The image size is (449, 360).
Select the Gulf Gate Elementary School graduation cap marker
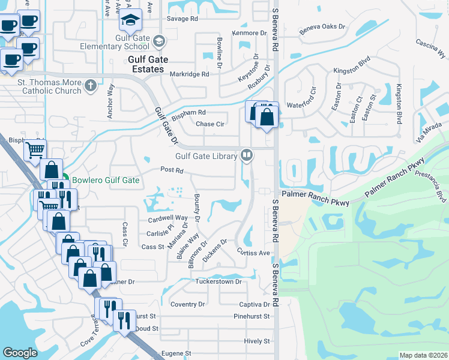pyautogui.click(x=130, y=20)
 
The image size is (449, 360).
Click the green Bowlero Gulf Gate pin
pyautogui.click(x=64, y=178)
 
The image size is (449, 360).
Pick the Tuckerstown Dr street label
pyautogui.click(x=218, y=281)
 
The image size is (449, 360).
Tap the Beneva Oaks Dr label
pyautogui.click(x=323, y=26)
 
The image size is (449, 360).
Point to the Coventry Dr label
pyautogui.click(x=187, y=304)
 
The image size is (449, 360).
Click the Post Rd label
pyautogui.click(x=172, y=170)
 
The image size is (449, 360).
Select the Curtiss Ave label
pyautogui.click(x=253, y=253)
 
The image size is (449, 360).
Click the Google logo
pyautogui.click(x=20, y=353)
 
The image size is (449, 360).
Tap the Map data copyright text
pyautogui.click(x=423, y=355)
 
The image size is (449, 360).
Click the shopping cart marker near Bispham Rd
pyautogui.click(x=35, y=149)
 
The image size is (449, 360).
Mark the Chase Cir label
pyautogui.click(x=210, y=124)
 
